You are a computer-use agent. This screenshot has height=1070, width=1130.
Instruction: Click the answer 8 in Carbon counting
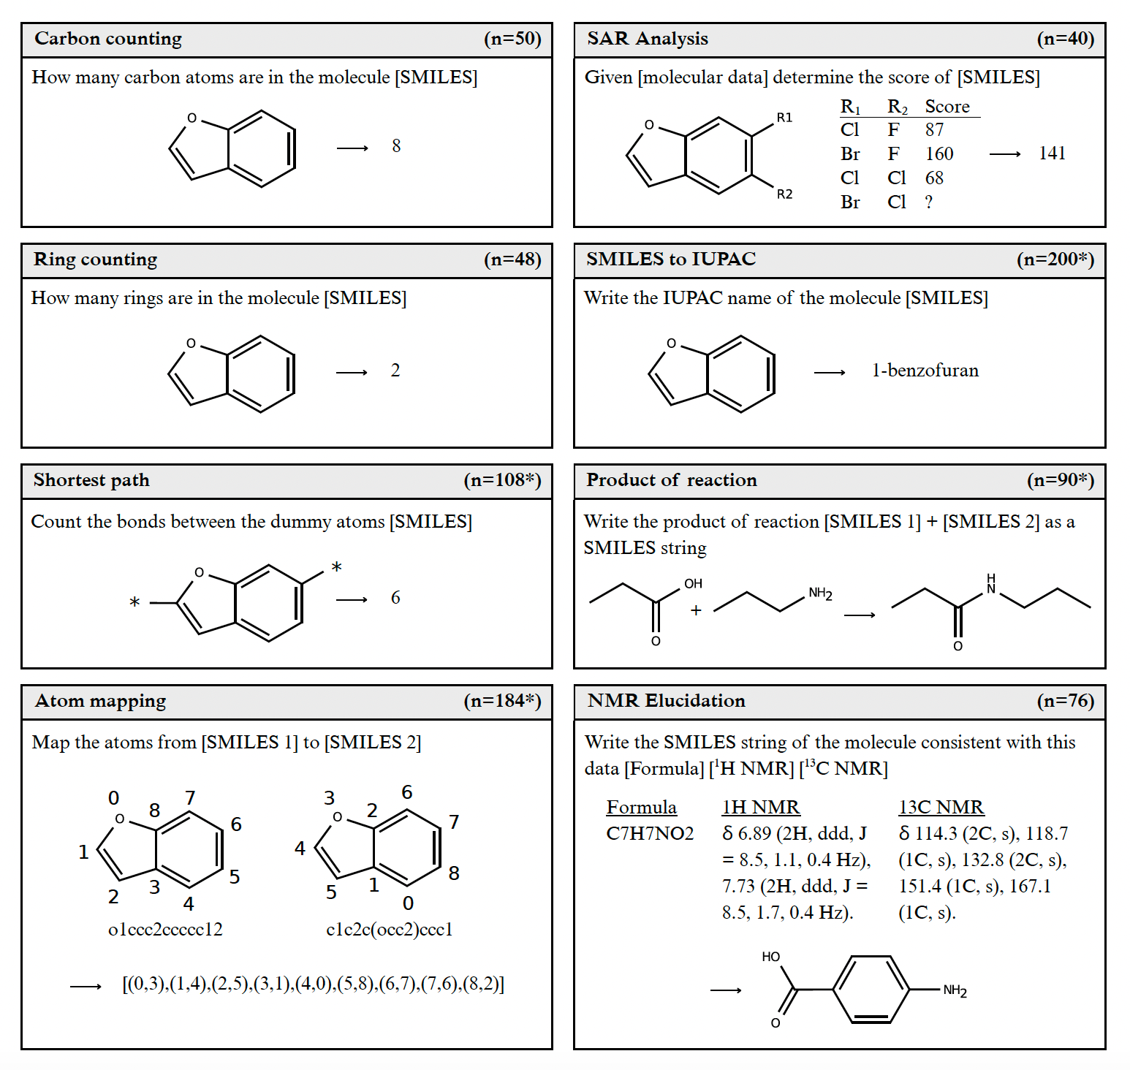pyautogui.click(x=396, y=146)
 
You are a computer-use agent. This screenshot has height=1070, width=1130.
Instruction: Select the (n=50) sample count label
pyautogui.click(x=512, y=39)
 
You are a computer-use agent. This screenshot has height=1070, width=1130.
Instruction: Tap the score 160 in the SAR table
pyautogui.click(x=939, y=154)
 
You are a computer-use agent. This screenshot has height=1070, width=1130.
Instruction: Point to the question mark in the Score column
pyautogui.click(x=929, y=202)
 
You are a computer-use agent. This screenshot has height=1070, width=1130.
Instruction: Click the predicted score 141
pyautogui.click(x=1052, y=153)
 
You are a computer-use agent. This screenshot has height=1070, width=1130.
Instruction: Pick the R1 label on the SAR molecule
pyautogui.click(x=784, y=118)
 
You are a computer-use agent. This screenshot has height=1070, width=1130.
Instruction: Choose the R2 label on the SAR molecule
pyautogui.click(x=784, y=194)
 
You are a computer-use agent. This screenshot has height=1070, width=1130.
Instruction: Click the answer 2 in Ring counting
pyautogui.click(x=395, y=371)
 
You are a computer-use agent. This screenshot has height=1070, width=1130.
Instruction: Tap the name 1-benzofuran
pyautogui.click(x=925, y=371)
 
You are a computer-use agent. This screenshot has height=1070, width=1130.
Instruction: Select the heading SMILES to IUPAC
pyautogui.click(x=671, y=259)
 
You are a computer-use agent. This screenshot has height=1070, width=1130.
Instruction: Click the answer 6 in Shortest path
pyautogui.click(x=395, y=598)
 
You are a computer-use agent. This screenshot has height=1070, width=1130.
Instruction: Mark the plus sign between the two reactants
pyautogui.click(x=696, y=610)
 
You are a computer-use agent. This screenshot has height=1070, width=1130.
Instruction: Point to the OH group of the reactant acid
pyautogui.click(x=693, y=584)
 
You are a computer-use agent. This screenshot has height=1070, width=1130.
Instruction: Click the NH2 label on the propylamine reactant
pyautogui.click(x=820, y=593)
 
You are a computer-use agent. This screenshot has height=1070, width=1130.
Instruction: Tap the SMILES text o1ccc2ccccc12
pyautogui.click(x=165, y=930)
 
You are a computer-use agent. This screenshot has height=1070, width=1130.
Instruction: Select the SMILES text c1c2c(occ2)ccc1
pyautogui.click(x=390, y=930)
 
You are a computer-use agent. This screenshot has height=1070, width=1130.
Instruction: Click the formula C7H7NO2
pyautogui.click(x=650, y=834)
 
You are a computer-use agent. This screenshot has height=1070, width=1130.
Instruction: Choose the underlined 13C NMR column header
pyautogui.click(x=941, y=808)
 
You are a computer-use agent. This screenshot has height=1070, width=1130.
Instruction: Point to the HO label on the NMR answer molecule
pyautogui.click(x=770, y=957)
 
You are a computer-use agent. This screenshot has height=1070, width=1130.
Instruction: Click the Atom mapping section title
pyautogui.click(x=101, y=701)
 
